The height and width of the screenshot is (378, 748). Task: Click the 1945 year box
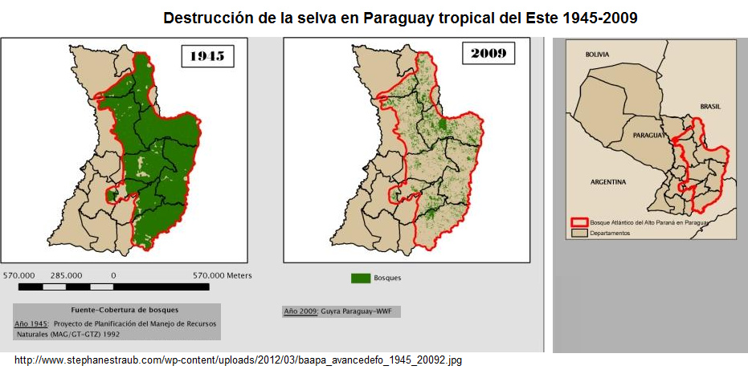point(206,56)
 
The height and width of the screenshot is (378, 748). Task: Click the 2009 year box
point(488,55)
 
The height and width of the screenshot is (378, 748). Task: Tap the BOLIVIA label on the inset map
point(597,55)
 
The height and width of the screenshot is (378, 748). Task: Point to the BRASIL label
point(710,106)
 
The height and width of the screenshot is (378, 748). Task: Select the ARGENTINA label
point(607,182)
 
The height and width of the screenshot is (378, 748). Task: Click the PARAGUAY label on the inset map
point(649,136)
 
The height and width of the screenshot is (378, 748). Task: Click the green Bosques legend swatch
point(361,278)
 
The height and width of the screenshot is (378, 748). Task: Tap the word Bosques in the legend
point(387,278)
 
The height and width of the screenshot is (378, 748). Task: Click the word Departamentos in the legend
point(610,233)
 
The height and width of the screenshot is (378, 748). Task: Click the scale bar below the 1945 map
point(113,287)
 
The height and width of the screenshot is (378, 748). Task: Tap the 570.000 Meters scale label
point(222,275)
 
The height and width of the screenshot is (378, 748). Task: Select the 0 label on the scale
point(113,275)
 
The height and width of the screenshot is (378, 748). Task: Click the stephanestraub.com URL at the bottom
point(238,361)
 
